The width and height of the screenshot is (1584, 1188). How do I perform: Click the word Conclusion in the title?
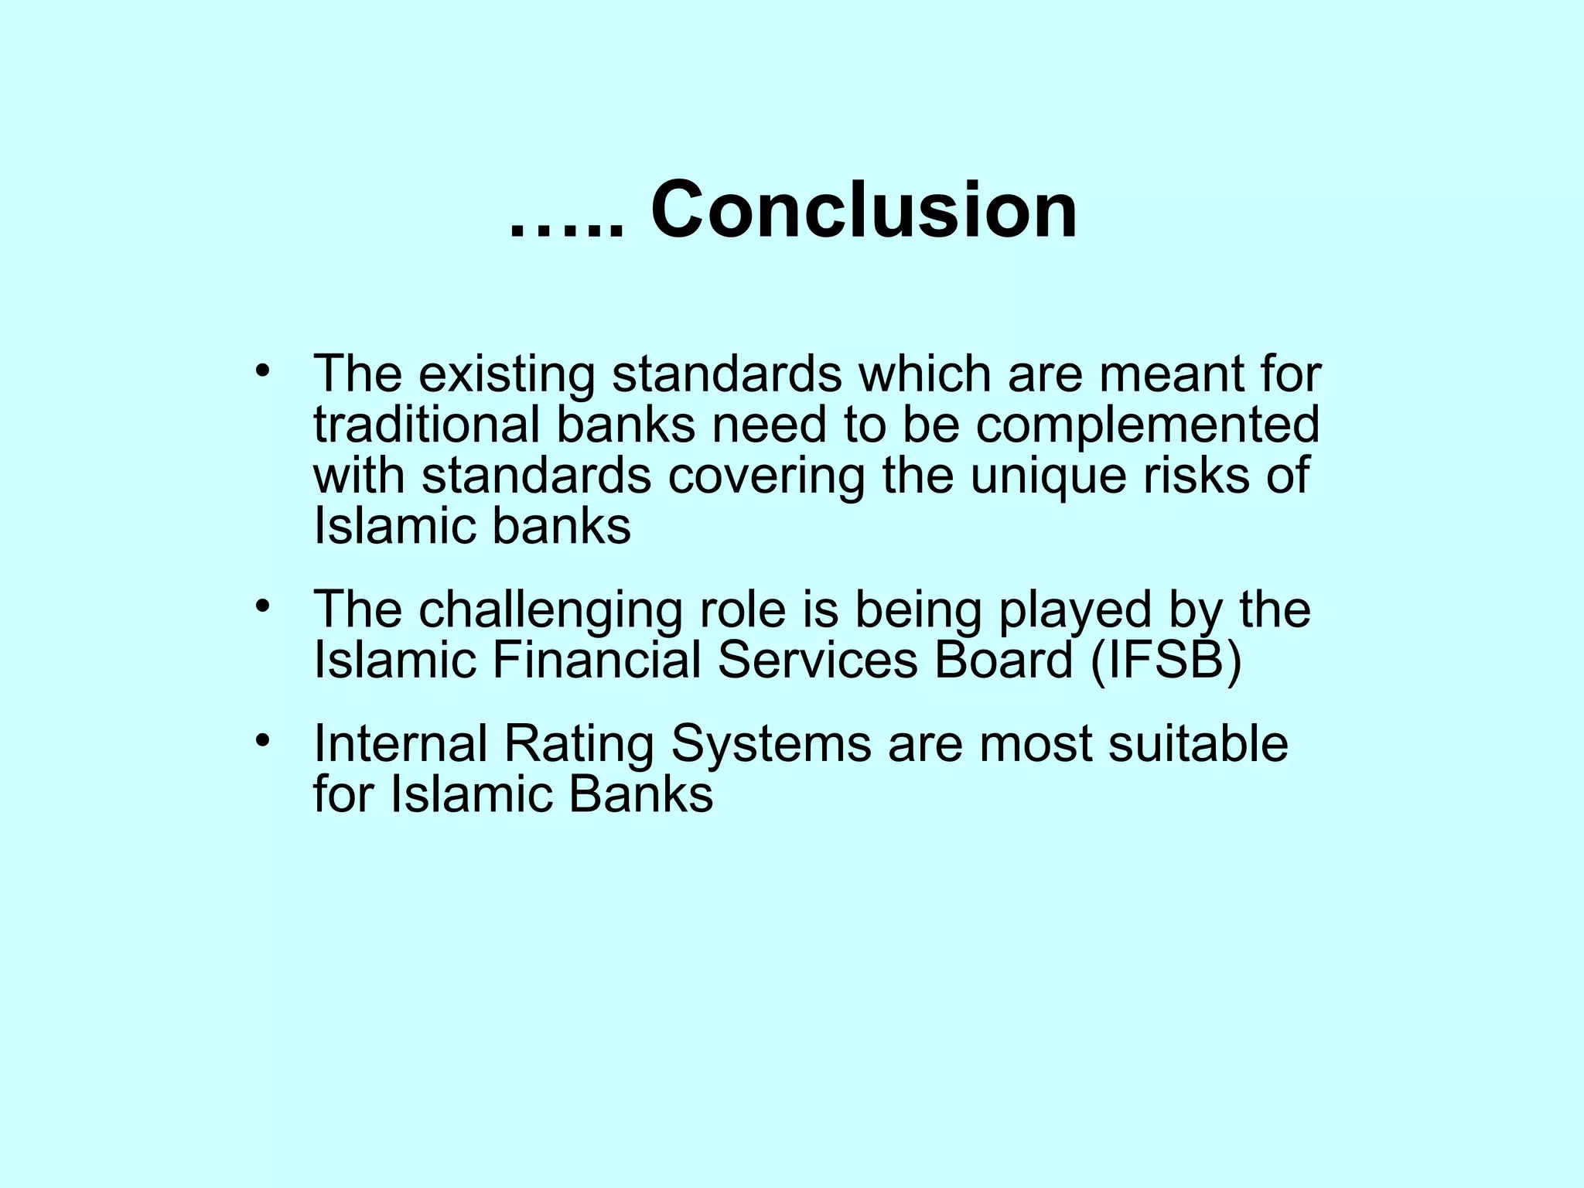pyautogui.click(x=864, y=210)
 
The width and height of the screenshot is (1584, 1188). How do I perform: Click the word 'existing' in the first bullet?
pyautogui.click(x=507, y=374)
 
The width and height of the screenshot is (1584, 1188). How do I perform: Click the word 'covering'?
pyautogui.click(x=766, y=476)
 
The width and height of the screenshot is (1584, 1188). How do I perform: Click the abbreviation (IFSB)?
pyautogui.click(x=1166, y=661)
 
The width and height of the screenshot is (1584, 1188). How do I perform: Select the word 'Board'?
pyautogui.click(x=1003, y=660)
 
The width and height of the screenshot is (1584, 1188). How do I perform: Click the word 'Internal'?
pyautogui.click(x=400, y=744)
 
